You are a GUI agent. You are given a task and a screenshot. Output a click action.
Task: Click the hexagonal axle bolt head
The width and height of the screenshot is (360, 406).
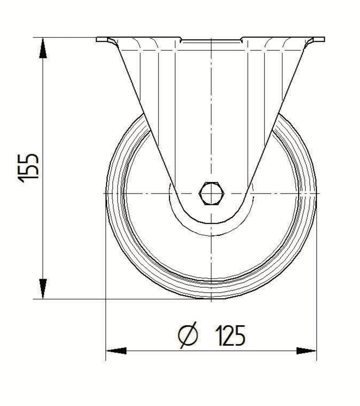point(211,193)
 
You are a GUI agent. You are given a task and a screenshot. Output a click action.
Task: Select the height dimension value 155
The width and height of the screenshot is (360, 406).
point(28,168)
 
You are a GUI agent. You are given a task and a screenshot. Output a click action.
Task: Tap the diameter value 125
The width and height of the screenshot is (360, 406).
point(230,336)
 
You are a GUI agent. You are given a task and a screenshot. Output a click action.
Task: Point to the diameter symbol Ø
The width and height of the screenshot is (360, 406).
point(188,336)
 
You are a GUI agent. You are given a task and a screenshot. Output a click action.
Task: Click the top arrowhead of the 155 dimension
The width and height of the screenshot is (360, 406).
point(43,49)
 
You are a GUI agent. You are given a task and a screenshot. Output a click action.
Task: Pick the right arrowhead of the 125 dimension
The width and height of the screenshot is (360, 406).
point(306,351)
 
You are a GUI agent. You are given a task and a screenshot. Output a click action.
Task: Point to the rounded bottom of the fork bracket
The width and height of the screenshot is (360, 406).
point(211,223)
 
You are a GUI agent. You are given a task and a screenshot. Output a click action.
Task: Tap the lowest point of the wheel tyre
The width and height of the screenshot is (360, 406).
point(211,298)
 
